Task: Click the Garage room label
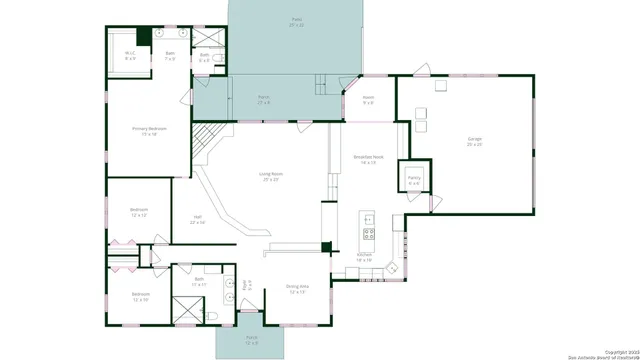pos(474,141)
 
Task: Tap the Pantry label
pos(414,180)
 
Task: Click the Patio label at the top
pos(296,21)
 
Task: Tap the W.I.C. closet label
pos(130,55)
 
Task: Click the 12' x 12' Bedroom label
pos(139,212)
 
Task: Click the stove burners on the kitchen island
pos(368,236)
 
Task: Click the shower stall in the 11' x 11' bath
pos(184,314)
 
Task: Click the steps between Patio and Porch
pos(320,85)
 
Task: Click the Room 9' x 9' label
pos(368,100)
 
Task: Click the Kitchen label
pos(365,256)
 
